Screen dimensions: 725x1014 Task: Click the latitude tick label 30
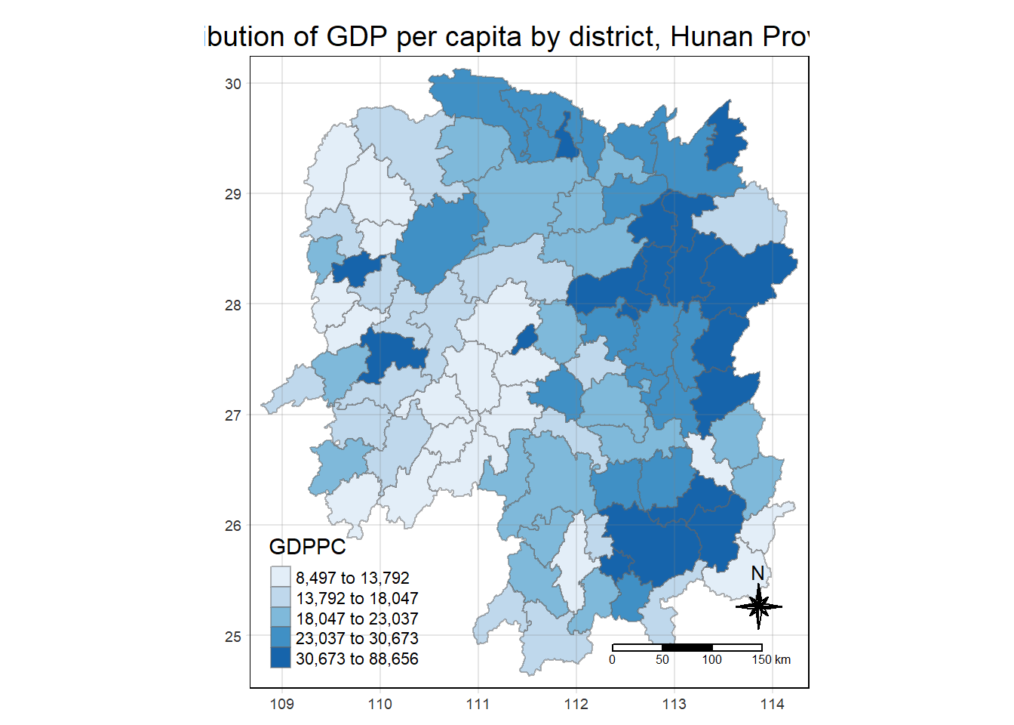click(233, 84)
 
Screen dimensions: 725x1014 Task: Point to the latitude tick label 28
click(233, 305)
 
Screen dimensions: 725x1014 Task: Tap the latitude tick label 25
click(233, 637)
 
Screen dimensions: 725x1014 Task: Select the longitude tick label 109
click(282, 705)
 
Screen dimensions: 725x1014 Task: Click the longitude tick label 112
click(576, 705)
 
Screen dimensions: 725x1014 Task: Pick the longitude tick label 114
click(773, 705)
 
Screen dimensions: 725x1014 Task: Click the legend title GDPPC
click(307, 547)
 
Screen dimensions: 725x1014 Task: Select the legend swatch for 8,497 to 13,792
click(281, 578)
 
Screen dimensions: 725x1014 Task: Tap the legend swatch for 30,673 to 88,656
click(281, 658)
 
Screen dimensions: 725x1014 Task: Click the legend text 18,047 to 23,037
click(357, 619)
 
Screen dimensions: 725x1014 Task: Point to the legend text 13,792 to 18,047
click(357, 598)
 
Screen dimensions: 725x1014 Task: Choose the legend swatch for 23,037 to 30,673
click(281, 638)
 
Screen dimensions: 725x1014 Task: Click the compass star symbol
click(759, 606)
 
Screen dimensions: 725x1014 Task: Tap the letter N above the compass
click(758, 574)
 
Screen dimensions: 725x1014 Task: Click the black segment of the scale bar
click(687, 647)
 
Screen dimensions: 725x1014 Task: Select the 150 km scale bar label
click(771, 660)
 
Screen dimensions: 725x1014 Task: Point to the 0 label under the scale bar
click(612, 660)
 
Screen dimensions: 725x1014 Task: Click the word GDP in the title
click(357, 36)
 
